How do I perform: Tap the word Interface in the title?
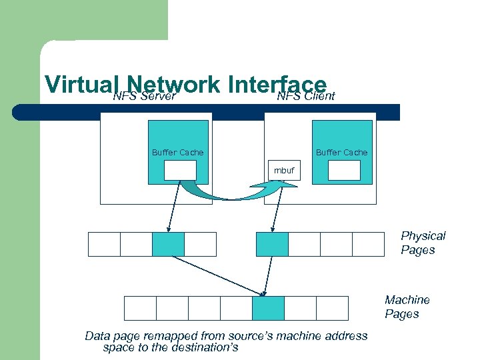tap(277, 85)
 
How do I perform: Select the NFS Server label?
tap(144, 97)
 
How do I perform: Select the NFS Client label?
tap(306, 97)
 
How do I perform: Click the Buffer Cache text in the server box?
tap(177, 153)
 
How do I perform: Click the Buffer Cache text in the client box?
tap(341, 153)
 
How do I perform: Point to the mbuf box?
tap(285, 171)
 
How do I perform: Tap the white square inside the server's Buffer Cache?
tap(180, 171)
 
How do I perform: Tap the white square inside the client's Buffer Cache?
tap(344, 171)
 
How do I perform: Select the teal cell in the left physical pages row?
tap(168, 244)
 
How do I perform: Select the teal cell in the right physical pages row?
tap(272, 244)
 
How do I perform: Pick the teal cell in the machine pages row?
tap(268, 308)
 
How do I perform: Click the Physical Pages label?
tap(423, 243)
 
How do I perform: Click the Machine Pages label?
tap(407, 307)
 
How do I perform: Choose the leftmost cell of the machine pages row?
tap(140, 308)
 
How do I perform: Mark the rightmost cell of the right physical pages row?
tap(368, 244)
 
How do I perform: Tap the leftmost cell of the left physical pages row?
tap(104, 244)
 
